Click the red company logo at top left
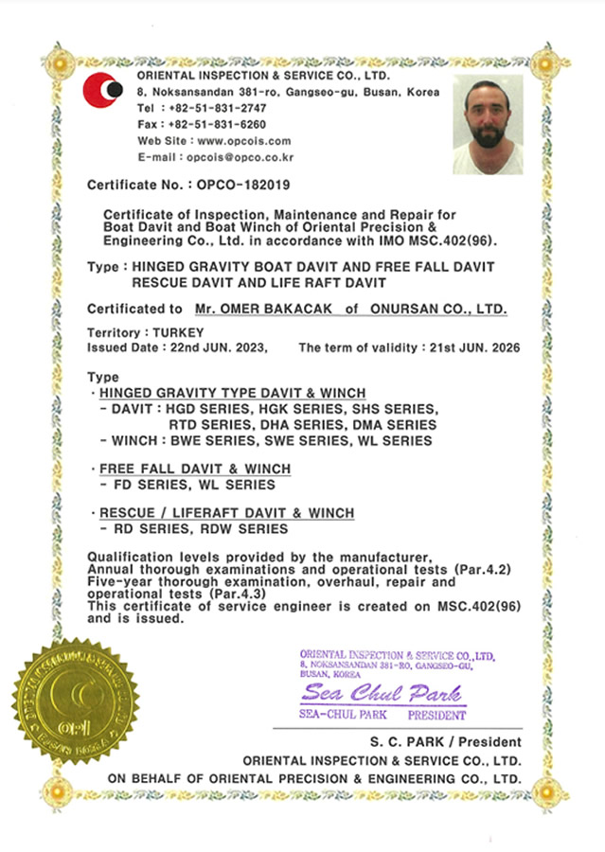[102, 91]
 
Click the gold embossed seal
[75, 701]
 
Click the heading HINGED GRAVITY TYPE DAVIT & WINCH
[232, 393]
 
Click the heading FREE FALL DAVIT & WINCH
[195, 470]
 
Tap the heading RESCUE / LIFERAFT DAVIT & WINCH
[226, 513]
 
